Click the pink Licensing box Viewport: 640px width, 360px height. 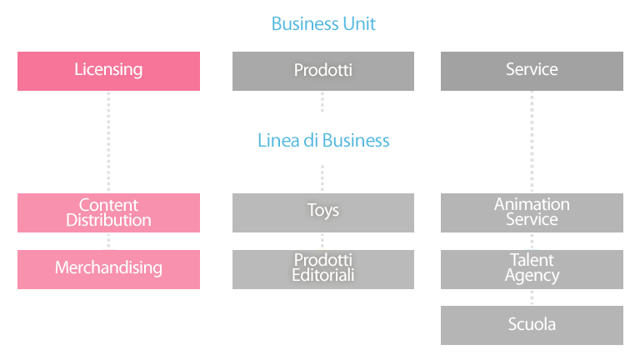click(x=108, y=71)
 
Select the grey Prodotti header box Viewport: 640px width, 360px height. click(x=323, y=71)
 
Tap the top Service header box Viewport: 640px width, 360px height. click(x=532, y=71)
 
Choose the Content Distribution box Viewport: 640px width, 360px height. click(x=108, y=212)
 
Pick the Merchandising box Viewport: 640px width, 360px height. click(x=108, y=269)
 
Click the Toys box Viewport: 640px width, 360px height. click(x=323, y=212)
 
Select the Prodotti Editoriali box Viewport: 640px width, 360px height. click(x=323, y=269)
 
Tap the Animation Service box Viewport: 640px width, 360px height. click(x=532, y=212)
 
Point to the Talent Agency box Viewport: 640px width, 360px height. click(x=532, y=269)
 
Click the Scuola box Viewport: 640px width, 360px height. click(x=532, y=325)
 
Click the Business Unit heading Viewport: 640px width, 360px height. click(x=323, y=23)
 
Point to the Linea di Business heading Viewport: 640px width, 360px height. click(x=323, y=140)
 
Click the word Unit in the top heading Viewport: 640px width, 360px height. click(x=359, y=23)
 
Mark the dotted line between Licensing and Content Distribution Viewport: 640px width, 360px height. click(x=108, y=142)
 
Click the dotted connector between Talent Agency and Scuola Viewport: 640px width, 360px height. click(x=532, y=297)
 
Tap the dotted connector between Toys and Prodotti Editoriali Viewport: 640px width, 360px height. click(x=322, y=241)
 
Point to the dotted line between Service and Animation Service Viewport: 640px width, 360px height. click(x=532, y=142)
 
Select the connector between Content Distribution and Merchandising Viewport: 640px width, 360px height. click(x=108, y=241)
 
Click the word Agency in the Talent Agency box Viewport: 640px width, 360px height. click(x=532, y=276)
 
